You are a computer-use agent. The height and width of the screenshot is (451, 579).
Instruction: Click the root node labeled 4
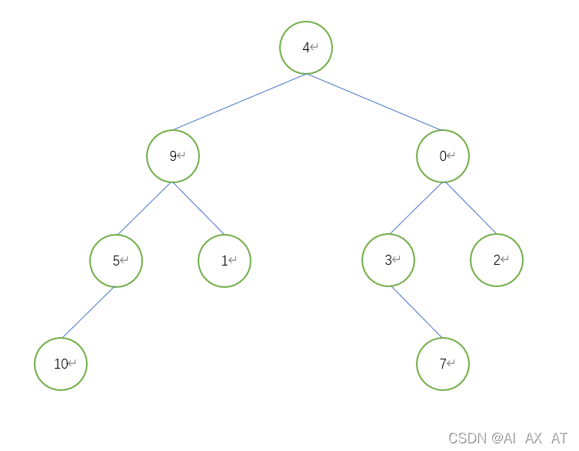[x=306, y=48]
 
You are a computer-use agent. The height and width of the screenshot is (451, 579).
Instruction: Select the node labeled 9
[x=173, y=156]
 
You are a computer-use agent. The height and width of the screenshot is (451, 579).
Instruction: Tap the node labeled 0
[x=443, y=156]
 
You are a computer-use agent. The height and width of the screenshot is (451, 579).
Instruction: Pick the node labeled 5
[x=116, y=261]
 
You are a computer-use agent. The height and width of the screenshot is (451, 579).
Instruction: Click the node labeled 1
[x=225, y=261]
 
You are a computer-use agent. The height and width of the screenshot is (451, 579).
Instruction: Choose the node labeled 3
[x=388, y=260]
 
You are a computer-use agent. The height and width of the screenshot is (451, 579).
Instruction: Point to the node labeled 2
[x=497, y=260]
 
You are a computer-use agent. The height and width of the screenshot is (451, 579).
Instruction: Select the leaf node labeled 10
[x=61, y=364]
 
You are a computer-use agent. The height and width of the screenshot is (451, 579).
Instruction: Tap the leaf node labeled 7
[x=443, y=364]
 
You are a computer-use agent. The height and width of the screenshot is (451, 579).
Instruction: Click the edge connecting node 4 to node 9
[x=240, y=102]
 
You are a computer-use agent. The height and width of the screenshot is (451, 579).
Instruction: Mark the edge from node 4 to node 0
[x=374, y=102]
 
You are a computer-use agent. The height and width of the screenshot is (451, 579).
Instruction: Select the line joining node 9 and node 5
[x=145, y=208]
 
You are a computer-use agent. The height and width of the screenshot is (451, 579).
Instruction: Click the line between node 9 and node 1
[x=198, y=208]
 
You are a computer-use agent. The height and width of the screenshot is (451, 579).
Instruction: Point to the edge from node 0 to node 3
[x=416, y=208]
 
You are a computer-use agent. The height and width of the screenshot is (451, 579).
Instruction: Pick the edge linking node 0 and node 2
[x=470, y=208]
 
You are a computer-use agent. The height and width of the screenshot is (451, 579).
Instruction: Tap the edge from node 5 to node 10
[x=88, y=312]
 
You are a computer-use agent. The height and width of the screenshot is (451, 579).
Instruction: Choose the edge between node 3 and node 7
[x=416, y=312]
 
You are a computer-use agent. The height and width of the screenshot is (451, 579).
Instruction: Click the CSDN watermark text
[x=507, y=438]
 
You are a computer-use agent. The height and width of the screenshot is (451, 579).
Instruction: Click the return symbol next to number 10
[x=72, y=364]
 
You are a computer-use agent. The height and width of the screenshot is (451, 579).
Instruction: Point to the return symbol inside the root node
[x=314, y=48]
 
